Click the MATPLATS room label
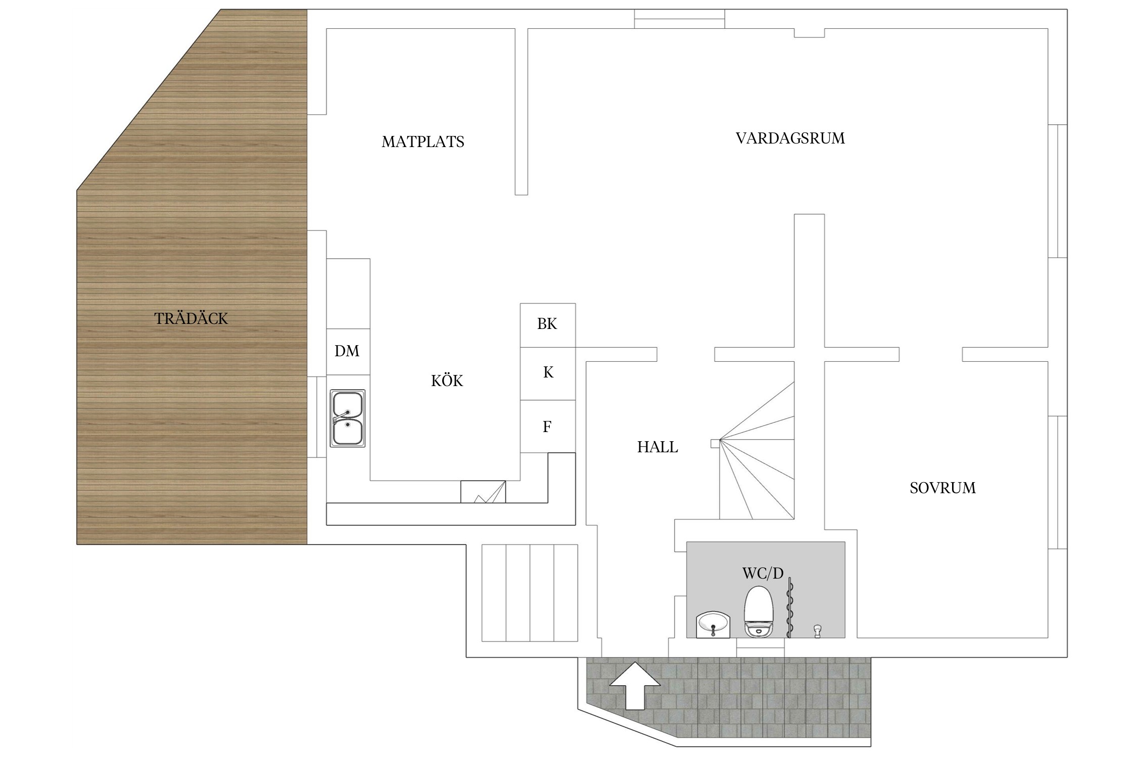coord(422,141)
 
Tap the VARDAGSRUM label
coord(790,138)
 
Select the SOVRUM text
coord(942,488)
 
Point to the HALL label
coord(657,447)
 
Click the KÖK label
coord(447,381)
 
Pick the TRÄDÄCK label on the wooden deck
coord(191,318)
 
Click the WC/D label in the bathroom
coord(763,573)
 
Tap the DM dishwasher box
coord(348,351)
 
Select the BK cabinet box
coord(547,324)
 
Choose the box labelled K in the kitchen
coord(548,373)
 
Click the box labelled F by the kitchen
coord(547,427)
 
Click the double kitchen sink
coord(348,418)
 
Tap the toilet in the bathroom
coord(759,611)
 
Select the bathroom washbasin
coord(713,626)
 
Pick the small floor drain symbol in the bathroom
coord(817,631)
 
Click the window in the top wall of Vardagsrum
coord(679,19)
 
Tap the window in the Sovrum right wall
coord(1057,482)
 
